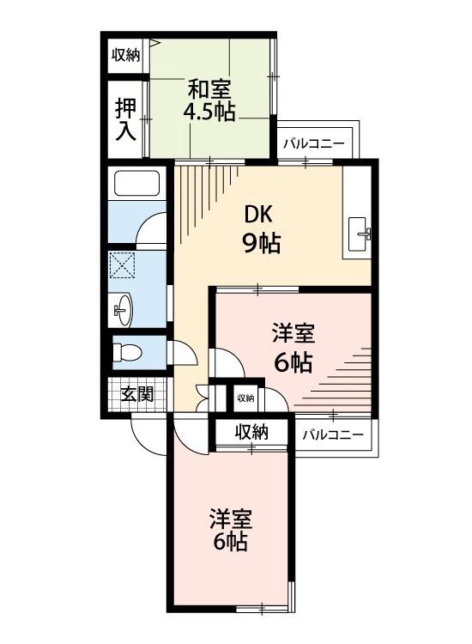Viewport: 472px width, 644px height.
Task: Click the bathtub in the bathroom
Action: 137,185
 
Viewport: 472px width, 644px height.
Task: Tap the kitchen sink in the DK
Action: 360,229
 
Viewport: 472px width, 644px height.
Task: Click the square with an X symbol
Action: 123,266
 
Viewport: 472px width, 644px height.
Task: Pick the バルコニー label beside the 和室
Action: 313,143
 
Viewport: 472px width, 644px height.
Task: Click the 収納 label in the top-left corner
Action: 125,55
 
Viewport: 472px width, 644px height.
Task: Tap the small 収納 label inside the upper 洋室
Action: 245,398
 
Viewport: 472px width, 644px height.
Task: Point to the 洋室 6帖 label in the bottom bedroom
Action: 229,530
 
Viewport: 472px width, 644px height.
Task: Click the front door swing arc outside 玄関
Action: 148,434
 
